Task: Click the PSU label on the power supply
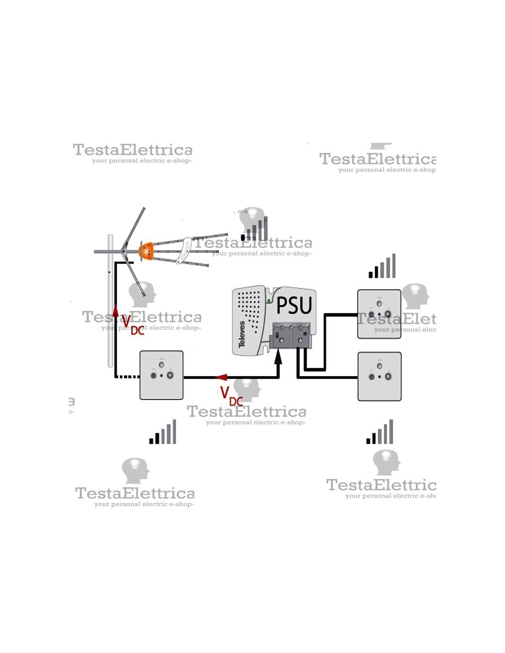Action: pos(294,305)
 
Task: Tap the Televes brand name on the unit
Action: pos(242,334)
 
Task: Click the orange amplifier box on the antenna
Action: pos(146,251)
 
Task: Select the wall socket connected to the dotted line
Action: pos(162,375)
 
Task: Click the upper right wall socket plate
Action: pos(379,314)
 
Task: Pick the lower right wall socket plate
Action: pos(379,377)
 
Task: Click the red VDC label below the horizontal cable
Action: pos(231,396)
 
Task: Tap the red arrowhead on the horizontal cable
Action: pos(222,377)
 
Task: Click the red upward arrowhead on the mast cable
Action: pos(116,311)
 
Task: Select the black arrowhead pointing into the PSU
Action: pos(278,357)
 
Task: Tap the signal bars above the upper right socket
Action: pos(382,266)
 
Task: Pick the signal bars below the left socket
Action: pos(163,432)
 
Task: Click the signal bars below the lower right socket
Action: pos(380,432)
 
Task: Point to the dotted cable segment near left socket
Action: pos(129,377)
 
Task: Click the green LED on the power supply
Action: pos(269,301)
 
